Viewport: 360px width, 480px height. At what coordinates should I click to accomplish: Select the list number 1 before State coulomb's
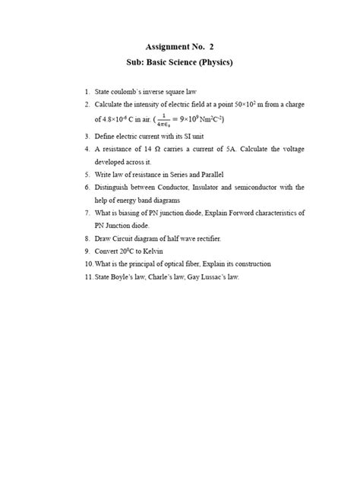[87, 91]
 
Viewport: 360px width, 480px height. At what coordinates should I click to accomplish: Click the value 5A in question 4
[230, 149]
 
